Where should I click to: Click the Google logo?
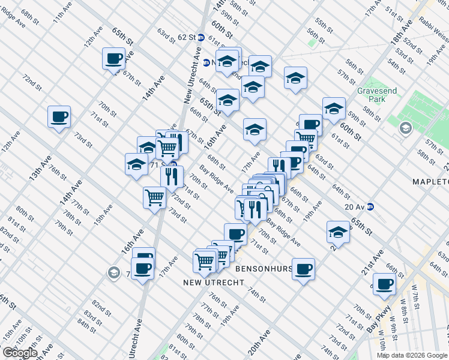[x=19, y=353]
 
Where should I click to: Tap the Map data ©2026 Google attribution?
[x=412, y=355]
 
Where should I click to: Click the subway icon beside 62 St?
[x=202, y=37]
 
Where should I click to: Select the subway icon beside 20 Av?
[x=370, y=206]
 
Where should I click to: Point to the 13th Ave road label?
[x=37, y=165]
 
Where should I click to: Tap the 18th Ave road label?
[x=399, y=42]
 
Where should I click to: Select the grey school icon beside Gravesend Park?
[x=406, y=128]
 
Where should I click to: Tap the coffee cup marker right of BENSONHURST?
[x=303, y=268]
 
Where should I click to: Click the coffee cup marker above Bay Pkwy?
[x=384, y=284]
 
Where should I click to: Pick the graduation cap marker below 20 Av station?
[x=338, y=232]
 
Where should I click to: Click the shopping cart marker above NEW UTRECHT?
[x=204, y=262]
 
